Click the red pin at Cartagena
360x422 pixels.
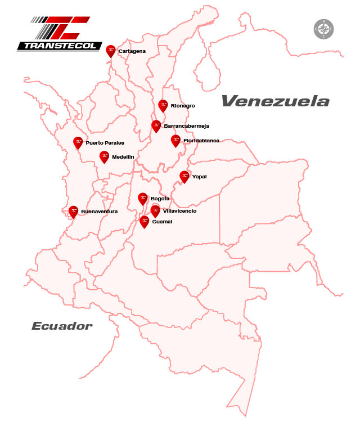(x=111, y=51)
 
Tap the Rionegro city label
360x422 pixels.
(x=183, y=106)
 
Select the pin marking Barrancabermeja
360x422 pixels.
(x=156, y=125)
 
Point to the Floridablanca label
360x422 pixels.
(x=201, y=141)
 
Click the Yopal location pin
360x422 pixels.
(x=184, y=176)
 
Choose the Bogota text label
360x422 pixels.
(x=160, y=199)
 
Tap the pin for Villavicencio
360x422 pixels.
(x=155, y=210)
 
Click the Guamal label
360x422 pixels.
(x=162, y=222)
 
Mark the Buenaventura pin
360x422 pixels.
(x=73, y=211)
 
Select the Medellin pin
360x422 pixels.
(x=104, y=156)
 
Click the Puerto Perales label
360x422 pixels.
(x=105, y=143)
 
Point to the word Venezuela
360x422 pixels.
(x=275, y=101)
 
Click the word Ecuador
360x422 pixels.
(x=62, y=326)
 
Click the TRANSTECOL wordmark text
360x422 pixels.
(x=59, y=46)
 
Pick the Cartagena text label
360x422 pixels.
(x=132, y=51)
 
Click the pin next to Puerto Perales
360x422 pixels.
(x=78, y=142)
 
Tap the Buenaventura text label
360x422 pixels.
(x=99, y=212)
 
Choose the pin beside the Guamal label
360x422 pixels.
(x=144, y=221)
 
